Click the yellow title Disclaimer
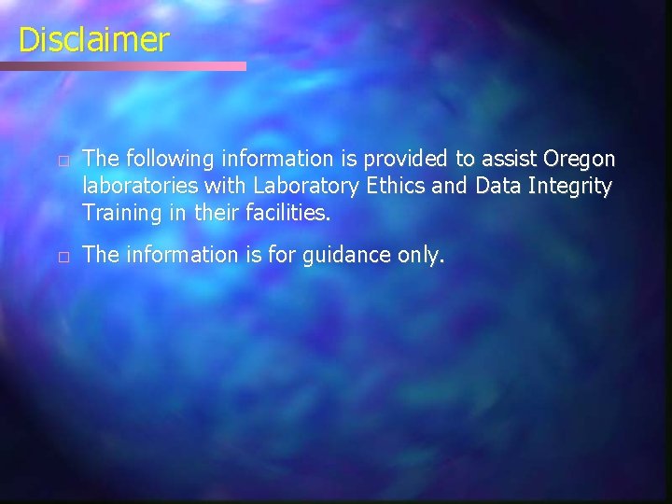click(93, 40)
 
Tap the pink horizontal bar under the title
click(123, 66)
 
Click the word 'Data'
click(497, 187)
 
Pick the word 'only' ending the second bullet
click(420, 256)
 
